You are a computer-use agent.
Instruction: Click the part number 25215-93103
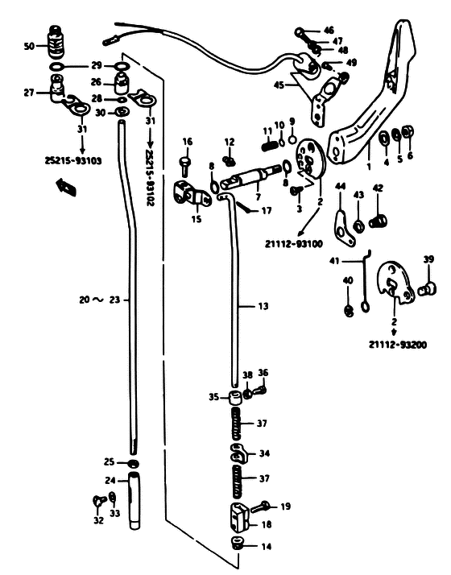coord(73,160)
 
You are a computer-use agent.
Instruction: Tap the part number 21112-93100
coord(294,243)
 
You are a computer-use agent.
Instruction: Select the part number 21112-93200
coord(398,345)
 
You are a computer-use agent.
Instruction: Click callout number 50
coord(29,46)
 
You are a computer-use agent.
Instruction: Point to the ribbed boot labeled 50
coord(56,43)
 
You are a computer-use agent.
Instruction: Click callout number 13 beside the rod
coord(263,306)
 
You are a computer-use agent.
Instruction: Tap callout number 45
coord(279,85)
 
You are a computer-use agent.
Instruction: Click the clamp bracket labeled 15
coord(191,194)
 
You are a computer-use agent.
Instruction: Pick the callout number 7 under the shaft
coord(259,197)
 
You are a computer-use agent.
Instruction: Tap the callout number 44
coord(341,186)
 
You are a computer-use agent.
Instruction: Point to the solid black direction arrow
coord(66,187)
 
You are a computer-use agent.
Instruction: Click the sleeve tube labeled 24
coord(134,501)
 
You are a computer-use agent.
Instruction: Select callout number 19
coord(285,507)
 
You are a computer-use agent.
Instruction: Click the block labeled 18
coord(240,518)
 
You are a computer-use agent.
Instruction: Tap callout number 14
coord(267,547)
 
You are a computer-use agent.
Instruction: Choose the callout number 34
coord(264,453)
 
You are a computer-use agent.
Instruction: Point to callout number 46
coord(329,31)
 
